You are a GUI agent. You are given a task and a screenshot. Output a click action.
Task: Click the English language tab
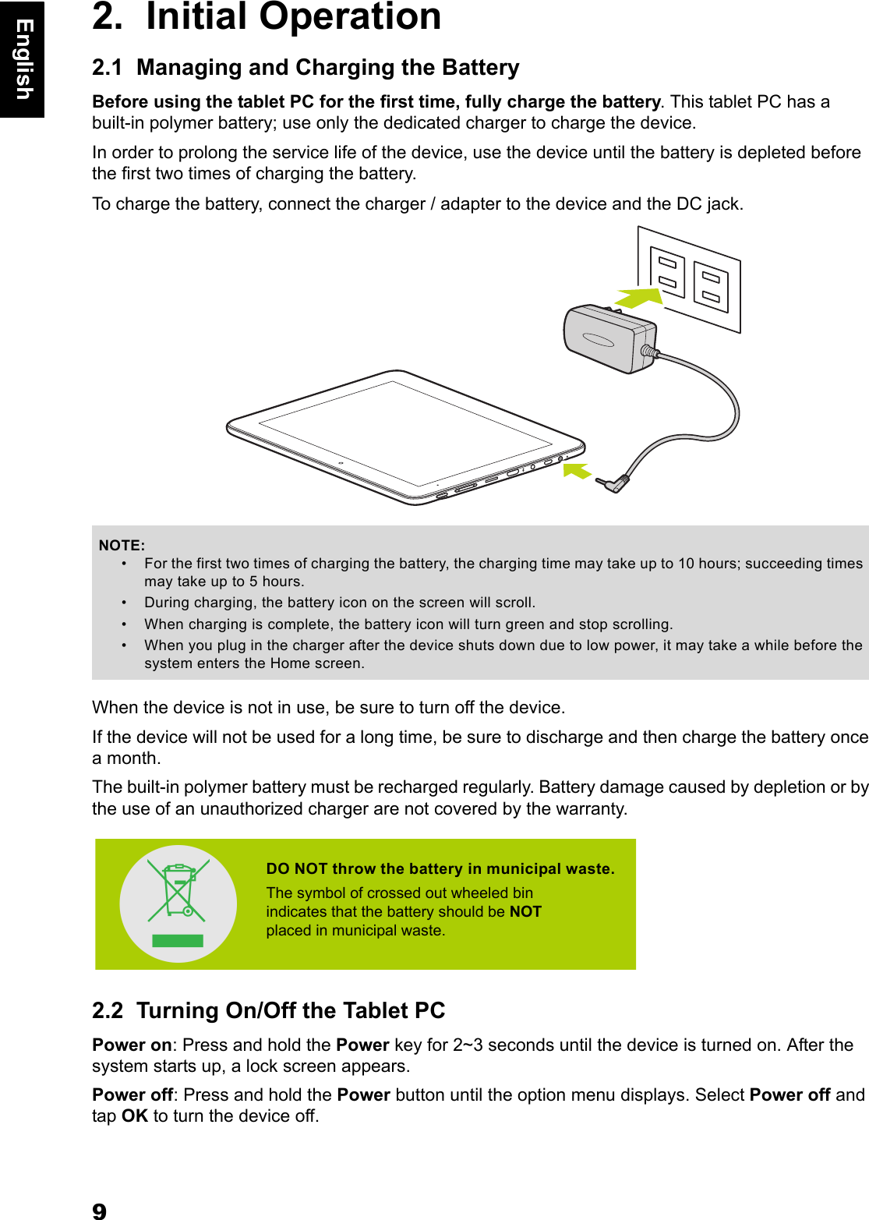click(23, 59)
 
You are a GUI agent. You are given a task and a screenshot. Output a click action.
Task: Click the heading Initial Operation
click(293, 17)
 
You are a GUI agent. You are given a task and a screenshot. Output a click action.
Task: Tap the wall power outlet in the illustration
click(690, 279)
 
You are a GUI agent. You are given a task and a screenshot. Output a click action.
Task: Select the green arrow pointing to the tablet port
click(577, 471)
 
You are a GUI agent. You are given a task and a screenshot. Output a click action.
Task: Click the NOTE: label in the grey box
click(122, 546)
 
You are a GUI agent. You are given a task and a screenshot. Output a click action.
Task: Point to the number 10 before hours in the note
click(686, 564)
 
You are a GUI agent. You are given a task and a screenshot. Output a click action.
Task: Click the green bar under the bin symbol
click(178, 940)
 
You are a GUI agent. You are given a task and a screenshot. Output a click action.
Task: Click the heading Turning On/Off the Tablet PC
click(291, 1011)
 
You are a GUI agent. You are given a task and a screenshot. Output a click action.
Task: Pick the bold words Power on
click(132, 1045)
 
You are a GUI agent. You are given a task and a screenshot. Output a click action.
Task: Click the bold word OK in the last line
click(135, 1116)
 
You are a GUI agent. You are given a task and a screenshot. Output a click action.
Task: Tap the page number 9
click(99, 1211)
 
